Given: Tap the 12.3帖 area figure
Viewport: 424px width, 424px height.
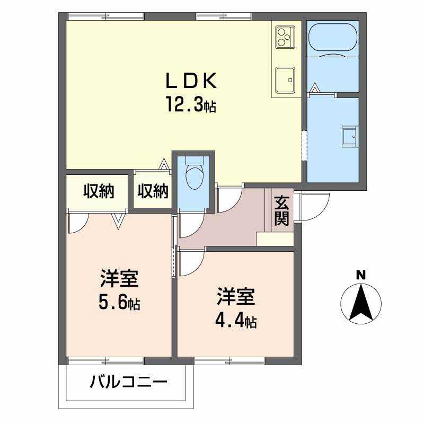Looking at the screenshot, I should pos(191,105).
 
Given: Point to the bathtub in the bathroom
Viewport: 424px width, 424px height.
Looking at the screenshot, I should pos(333,40).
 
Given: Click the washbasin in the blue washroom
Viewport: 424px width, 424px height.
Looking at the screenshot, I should pos(350,136).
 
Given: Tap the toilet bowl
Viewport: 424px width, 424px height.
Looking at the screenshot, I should pos(194,175).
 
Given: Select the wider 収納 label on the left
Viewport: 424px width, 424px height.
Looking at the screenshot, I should pos(99,191).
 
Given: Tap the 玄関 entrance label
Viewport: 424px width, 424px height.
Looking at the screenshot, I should pos(281,211).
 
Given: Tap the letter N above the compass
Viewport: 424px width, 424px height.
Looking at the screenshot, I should pos(360,275).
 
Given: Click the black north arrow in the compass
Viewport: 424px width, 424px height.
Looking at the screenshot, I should pos(360,302).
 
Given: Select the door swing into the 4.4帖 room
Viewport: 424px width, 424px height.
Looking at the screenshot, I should pos(191,262).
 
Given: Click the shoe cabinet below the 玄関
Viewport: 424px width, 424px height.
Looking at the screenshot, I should pos(275,239).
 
